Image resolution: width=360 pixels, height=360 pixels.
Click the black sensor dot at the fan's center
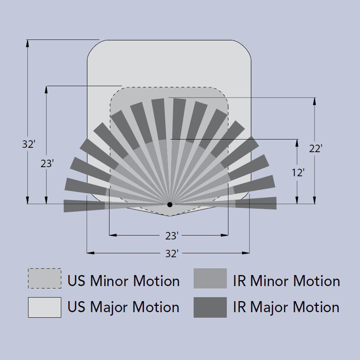(170, 204)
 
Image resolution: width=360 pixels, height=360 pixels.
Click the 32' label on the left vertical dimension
(29, 144)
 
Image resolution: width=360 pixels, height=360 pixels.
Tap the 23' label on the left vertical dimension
(47, 164)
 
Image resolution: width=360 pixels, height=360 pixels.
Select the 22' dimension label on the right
(316, 149)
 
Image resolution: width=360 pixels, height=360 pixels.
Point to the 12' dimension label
(298, 173)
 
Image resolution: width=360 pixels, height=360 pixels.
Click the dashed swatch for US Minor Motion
(45, 278)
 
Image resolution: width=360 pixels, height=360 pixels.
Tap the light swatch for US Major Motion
(45, 307)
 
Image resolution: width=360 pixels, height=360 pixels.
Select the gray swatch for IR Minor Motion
(210, 278)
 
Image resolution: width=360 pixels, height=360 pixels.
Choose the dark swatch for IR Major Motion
(210, 307)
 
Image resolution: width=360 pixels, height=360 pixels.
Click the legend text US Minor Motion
(124, 281)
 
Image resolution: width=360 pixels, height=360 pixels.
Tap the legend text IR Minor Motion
(286, 281)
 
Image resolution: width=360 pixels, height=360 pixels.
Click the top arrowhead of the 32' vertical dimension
(28, 43)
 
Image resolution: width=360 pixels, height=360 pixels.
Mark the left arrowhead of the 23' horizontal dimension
(113, 235)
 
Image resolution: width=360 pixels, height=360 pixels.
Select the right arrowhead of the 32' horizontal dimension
(245, 253)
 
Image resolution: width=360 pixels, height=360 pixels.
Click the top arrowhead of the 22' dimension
(315, 101)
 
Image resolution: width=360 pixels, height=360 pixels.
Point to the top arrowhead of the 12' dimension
(297, 143)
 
